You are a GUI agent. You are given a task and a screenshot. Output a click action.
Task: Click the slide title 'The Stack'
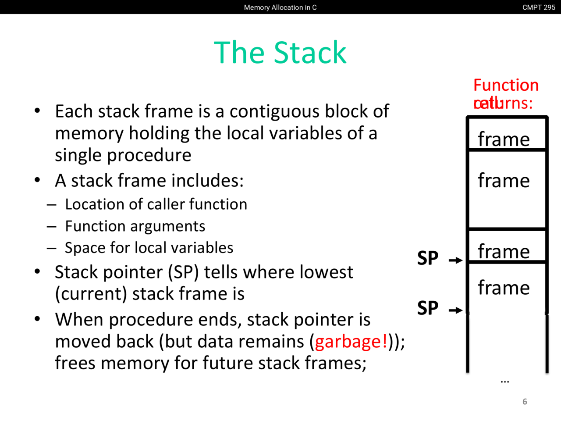(280, 53)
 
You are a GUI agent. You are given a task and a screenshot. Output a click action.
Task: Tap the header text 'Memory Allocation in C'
(280, 7)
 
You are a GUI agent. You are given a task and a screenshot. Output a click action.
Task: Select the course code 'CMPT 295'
(539, 7)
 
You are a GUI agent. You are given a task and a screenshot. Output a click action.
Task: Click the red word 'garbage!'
(351, 342)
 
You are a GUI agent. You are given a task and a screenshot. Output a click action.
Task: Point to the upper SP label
(428, 258)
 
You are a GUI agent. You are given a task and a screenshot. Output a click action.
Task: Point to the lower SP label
(428, 308)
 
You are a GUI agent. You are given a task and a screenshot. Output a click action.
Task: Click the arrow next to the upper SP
(456, 260)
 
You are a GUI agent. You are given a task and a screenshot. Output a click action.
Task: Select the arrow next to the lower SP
(456, 310)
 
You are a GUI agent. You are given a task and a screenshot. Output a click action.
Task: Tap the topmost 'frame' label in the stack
(504, 139)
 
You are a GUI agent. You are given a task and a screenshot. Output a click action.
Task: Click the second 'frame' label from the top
(504, 181)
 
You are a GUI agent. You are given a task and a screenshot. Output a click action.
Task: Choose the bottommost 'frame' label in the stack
(504, 288)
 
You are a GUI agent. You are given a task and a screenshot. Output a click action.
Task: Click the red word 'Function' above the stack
(506, 85)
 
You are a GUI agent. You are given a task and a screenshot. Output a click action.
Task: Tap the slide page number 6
(525, 402)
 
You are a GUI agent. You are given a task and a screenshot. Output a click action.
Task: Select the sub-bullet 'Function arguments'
(135, 226)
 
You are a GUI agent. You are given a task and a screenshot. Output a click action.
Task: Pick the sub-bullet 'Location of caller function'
(156, 204)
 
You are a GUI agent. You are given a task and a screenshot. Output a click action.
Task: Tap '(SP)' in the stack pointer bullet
(183, 272)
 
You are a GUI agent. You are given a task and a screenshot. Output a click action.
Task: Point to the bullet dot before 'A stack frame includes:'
(38, 180)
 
